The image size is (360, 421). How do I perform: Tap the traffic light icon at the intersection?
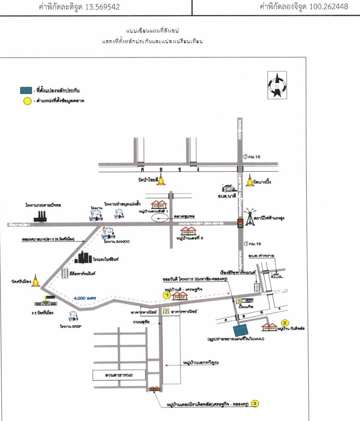240,224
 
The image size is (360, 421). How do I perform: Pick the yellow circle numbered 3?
255,404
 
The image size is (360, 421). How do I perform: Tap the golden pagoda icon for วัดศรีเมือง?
36,280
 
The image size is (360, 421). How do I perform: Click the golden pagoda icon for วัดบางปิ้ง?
250,181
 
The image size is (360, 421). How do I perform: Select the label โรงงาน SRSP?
72,326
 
